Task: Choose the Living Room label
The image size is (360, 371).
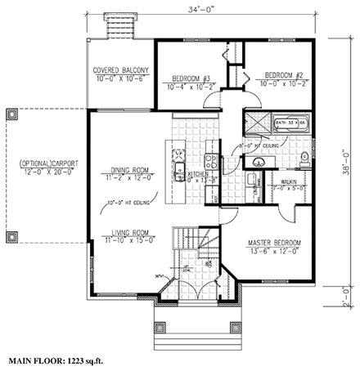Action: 128,231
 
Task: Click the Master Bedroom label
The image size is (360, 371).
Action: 274,244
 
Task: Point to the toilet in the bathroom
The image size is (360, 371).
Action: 303,157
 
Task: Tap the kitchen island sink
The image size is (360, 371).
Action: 179,173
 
